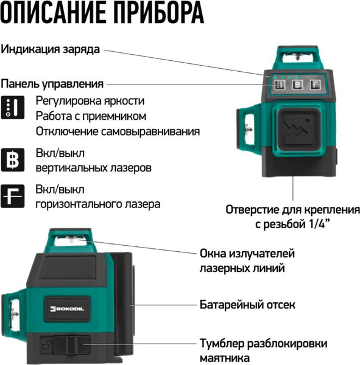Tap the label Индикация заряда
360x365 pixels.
coord(50,49)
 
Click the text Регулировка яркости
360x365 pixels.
coord(90,100)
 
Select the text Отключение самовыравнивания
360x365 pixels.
coord(118,131)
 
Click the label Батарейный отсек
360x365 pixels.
coord(247,304)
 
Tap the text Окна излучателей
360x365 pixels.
coord(247,252)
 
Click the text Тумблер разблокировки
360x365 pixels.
coord(263,342)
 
